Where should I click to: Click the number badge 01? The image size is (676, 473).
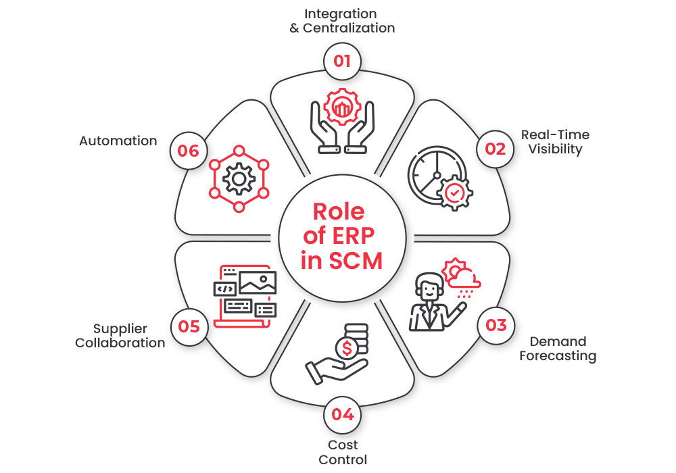click(342, 61)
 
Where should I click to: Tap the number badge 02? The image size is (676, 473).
click(496, 149)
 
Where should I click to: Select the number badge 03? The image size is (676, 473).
click(496, 326)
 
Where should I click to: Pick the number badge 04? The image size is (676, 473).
click(342, 414)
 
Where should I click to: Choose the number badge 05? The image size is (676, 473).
click(189, 326)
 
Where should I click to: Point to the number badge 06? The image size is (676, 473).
click(189, 150)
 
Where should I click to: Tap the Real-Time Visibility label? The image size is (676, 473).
click(555, 142)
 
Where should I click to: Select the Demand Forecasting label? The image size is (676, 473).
click(558, 349)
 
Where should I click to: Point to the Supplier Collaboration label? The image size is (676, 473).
click(120, 336)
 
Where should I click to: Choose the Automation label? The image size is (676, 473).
click(118, 141)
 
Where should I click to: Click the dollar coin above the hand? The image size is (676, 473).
click(347, 349)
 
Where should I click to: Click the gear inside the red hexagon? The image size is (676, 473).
click(239, 179)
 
